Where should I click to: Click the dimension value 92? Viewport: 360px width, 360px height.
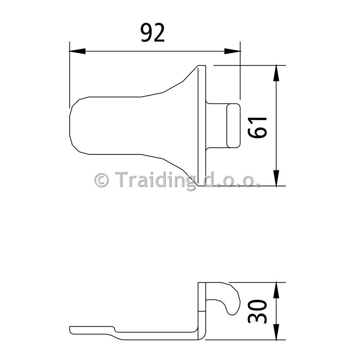(x=153, y=33)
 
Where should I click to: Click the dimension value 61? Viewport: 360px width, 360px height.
(x=258, y=127)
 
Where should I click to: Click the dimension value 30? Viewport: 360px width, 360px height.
(x=258, y=311)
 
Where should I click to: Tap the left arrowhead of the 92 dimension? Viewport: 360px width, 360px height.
(x=77, y=51)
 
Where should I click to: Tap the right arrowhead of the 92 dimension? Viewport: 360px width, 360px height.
(x=232, y=51)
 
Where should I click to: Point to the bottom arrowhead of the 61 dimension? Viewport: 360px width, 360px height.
(x=276, y=178)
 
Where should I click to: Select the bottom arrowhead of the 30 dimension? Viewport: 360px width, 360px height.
(x=276, y=332)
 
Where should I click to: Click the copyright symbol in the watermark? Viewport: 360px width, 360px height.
(x=102, y=180)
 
